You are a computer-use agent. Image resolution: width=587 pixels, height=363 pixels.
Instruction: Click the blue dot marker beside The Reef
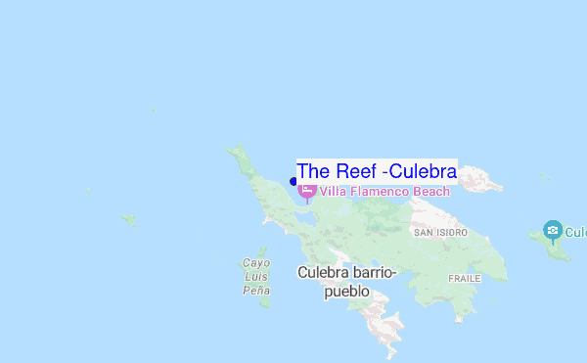click(x=293, y=182)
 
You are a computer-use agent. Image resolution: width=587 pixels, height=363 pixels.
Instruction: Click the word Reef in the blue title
click(x=356, y=170)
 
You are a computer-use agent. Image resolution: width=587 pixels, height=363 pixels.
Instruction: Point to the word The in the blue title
click(x=313, y=170)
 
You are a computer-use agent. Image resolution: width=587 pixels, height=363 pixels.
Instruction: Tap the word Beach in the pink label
click(x=431, y=192)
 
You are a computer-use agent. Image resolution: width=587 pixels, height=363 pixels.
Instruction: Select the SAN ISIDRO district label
click(x=440, y=233)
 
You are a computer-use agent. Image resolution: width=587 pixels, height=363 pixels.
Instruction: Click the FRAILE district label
click(x=464, y=278)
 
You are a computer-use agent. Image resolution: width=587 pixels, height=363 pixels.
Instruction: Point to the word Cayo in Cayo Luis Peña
click(x=255, y=263)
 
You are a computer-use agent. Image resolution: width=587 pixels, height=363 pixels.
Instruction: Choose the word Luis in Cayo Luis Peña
click(x=255, y=277)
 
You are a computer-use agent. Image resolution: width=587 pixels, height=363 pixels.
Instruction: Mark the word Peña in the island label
click(x=255, y=291)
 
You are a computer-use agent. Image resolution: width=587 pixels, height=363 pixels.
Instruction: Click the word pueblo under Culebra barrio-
click(x=346, y=291)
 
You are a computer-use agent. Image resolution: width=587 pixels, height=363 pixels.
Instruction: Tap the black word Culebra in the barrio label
click(x=324, y=272)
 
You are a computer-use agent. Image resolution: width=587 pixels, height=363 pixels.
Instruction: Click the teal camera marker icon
click(x=553, y=231)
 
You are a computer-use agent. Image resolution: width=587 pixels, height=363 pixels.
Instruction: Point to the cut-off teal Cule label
click(x=575, y=233)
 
